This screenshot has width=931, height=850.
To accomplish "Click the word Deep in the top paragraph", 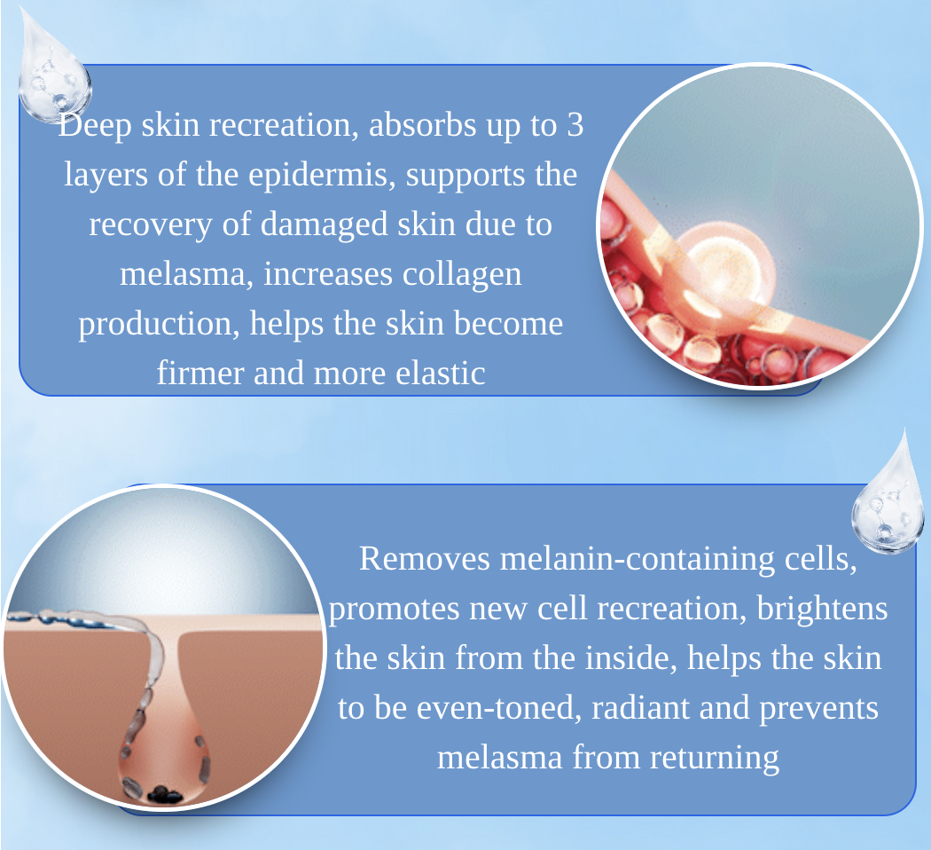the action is (94, 126).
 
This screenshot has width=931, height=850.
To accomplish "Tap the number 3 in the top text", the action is (575, 125).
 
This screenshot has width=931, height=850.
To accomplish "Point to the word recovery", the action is (150, 225).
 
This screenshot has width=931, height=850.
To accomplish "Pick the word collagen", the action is (462, 275).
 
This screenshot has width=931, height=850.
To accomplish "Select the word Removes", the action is (425, 559).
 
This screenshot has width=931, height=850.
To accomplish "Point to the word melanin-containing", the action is (638, 560).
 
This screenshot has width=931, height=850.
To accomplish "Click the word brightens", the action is (822, 609).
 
